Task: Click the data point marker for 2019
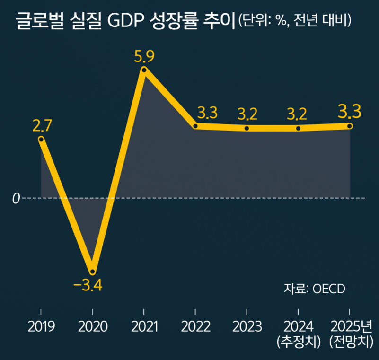[41, 139]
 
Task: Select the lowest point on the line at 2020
[92, 272]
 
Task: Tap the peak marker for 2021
[144, 70]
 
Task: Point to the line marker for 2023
[247, 128]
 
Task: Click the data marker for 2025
[350, 126]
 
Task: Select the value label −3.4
[88, 285]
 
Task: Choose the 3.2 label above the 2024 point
[297, 114]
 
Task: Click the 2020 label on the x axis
[92, 326]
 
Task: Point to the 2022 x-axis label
[195, 326]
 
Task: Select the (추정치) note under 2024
[299, 342]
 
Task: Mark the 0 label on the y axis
[16, 198]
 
